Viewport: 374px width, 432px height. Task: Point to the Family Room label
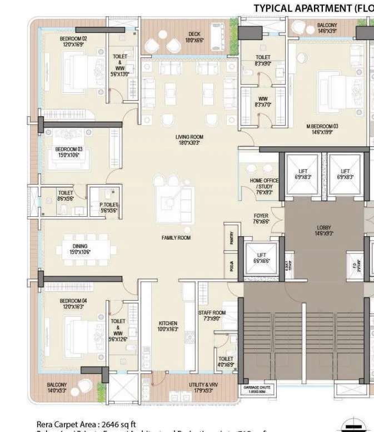coord(176,237)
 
